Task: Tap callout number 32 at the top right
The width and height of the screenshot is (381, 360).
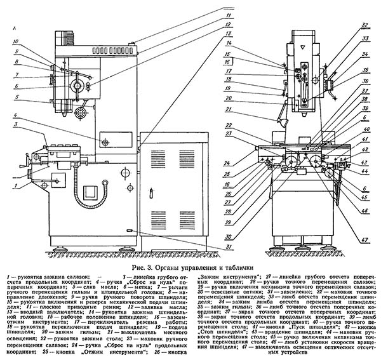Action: point(364,25)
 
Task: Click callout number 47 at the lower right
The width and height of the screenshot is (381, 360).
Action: point(364,240)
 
